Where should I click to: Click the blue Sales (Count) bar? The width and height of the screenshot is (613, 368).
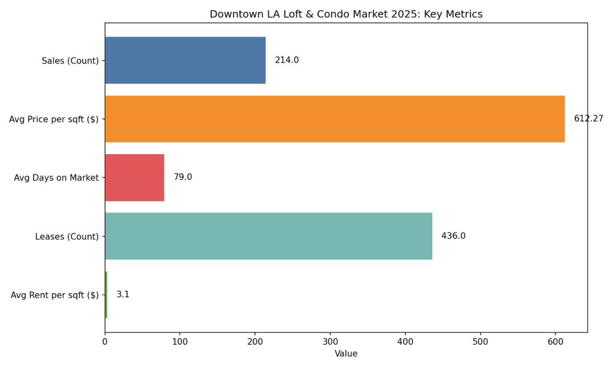pos(185,60)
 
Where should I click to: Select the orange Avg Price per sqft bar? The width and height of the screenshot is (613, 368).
pos(335,119)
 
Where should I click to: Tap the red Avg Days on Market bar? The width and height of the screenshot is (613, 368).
pos(134,177)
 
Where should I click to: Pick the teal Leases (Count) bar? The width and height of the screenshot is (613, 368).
pos(268,236)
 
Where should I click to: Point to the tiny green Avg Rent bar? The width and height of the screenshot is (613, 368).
pos(106,295)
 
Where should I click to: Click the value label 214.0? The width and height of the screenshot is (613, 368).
pos(287,60)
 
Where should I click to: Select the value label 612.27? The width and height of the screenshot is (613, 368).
pos(588,119)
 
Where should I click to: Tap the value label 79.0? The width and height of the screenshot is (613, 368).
pos(183,177)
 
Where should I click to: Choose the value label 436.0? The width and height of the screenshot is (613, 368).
pos(453,236)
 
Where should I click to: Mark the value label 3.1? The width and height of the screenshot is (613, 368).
pos(123,295)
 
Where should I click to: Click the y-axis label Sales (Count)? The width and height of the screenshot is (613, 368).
pos(70,61)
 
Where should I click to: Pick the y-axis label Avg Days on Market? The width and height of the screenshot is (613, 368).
pos(56,178)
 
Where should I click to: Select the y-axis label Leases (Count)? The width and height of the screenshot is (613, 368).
pos(67,237)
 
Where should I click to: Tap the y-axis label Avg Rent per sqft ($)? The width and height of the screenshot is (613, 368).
pos(54,295)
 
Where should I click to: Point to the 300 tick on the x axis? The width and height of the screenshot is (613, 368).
pos(330,342)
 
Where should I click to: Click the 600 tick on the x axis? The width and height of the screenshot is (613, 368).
pos(556,342)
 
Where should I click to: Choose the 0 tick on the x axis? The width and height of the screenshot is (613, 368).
pos(105,342)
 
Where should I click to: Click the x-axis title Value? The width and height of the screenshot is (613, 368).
pos(346,354)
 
